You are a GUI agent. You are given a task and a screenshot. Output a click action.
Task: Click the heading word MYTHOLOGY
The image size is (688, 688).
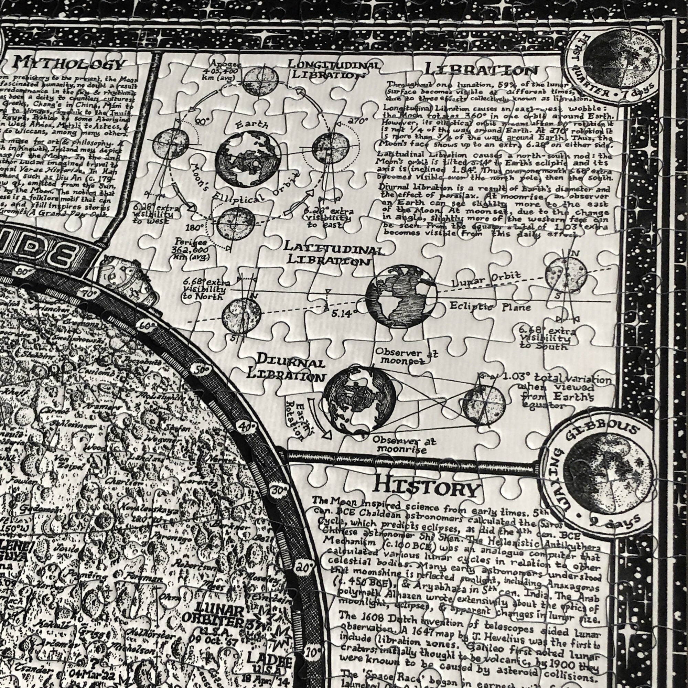(69, 64)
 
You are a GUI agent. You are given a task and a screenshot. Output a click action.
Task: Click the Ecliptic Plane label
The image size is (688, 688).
(490, 307)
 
